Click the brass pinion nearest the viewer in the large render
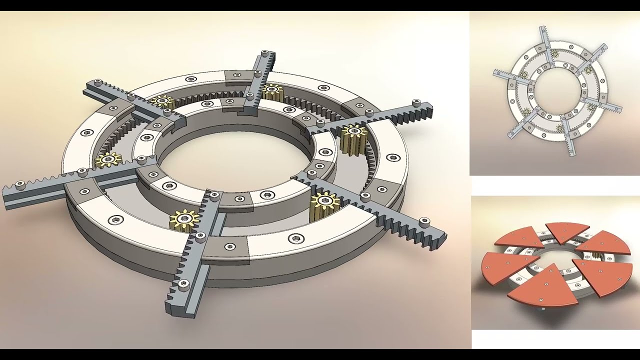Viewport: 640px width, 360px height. pyautogui.click(x=184, y=219)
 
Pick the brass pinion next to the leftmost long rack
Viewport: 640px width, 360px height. pyautogui.click(x=108, y=159)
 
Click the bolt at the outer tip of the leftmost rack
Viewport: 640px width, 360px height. pyautogui.click(x=20, y=185)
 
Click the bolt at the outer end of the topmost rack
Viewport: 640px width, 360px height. pyautogui.click(x=263, y=54)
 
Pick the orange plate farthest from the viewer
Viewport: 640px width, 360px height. pyautogui.click(x=567, y=230)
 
